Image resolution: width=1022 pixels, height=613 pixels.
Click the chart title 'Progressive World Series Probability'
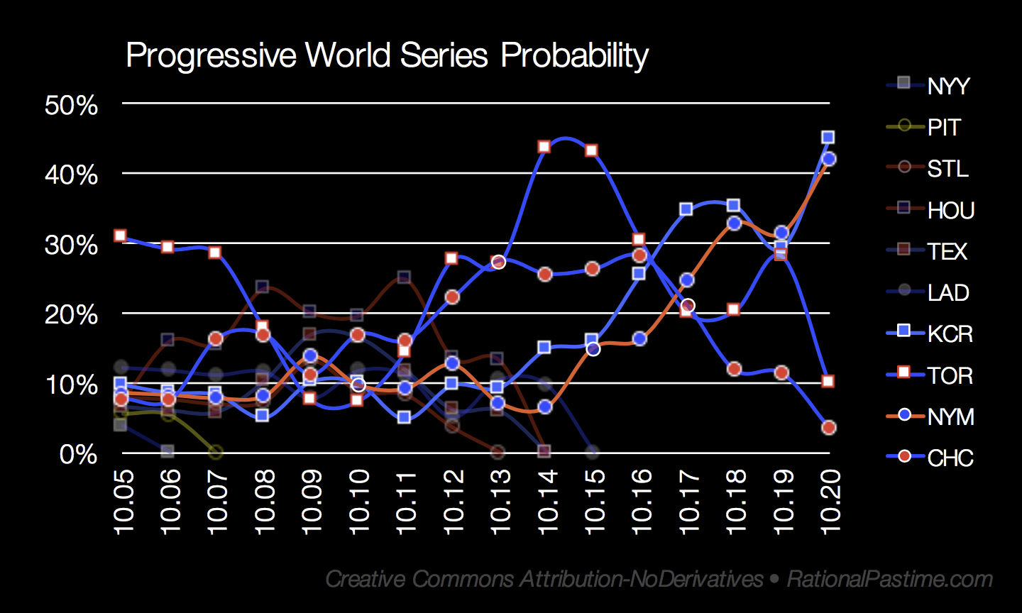click(x=387, y=55)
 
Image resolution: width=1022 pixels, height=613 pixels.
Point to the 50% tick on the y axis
click(x=71, y=106)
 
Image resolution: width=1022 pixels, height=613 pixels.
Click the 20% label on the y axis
click(x=71, y=314)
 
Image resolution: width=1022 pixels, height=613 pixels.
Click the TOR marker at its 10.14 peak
click(x=544, y=147)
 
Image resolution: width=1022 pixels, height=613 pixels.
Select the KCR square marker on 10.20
click(x=828, y=137)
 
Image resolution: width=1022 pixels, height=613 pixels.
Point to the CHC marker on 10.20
click(x=828, y=427)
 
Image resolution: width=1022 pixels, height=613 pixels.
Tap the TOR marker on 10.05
click(x=121, y=236)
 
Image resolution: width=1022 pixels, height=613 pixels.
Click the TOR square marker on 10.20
click(x=828, y=381)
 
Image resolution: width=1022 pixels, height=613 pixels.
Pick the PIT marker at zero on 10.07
click(x=216, y=452)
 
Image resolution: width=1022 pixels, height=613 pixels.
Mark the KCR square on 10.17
click(x=686, y=209)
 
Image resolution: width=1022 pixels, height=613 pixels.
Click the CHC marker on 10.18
click(x=734, y=369)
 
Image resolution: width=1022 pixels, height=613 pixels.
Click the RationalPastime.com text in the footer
click(x=890, y=579)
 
